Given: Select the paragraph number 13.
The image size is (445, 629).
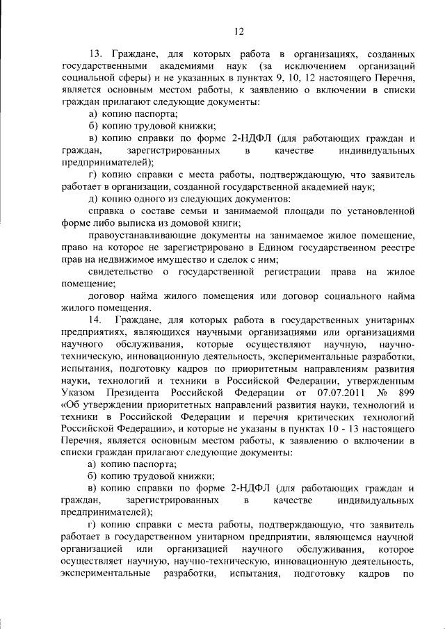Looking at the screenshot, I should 97,53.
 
